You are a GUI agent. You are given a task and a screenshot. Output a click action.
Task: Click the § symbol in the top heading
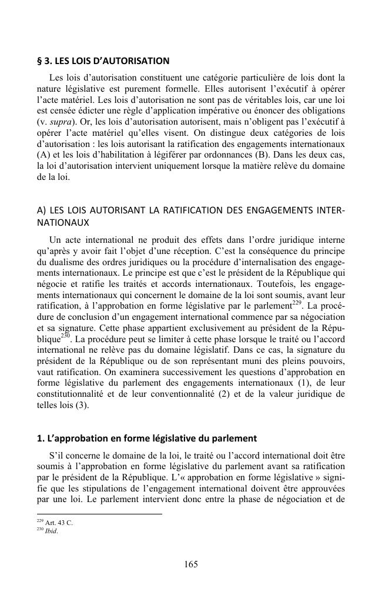(x=39, y=61)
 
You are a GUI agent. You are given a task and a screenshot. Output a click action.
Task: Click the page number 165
(x=190, y=564)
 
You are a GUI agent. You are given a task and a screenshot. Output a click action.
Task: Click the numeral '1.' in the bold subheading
(x=41, y=437)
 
